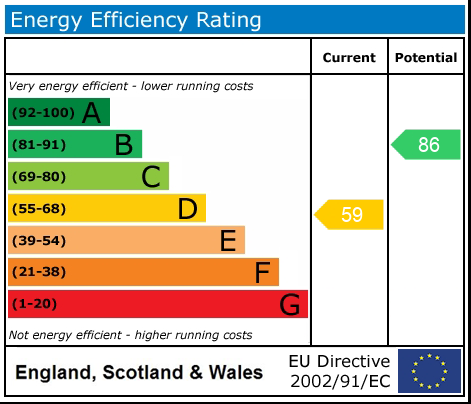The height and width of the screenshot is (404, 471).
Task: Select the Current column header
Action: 349,58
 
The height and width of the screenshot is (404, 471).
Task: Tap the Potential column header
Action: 426,58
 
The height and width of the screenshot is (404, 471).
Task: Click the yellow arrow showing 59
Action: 350,214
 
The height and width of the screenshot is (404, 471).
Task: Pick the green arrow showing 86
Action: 426,144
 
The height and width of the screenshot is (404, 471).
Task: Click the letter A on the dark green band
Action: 91,113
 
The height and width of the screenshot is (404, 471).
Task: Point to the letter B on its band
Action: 123,145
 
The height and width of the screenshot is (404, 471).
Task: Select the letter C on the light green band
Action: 150,177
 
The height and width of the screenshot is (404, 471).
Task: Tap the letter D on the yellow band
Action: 187,209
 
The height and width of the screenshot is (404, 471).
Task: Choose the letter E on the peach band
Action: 227,241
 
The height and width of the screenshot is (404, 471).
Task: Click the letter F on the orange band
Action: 262,272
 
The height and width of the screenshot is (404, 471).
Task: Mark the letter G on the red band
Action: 289,304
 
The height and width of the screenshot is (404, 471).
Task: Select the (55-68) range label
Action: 39,209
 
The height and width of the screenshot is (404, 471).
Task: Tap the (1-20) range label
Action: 35,304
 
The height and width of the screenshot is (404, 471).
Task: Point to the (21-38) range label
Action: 39,272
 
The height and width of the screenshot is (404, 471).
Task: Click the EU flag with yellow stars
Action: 429,371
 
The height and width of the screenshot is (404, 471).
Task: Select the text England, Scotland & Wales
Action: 139,373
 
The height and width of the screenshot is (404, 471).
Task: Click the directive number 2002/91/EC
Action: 339,381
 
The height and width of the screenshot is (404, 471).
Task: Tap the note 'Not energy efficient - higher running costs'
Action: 130,335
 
